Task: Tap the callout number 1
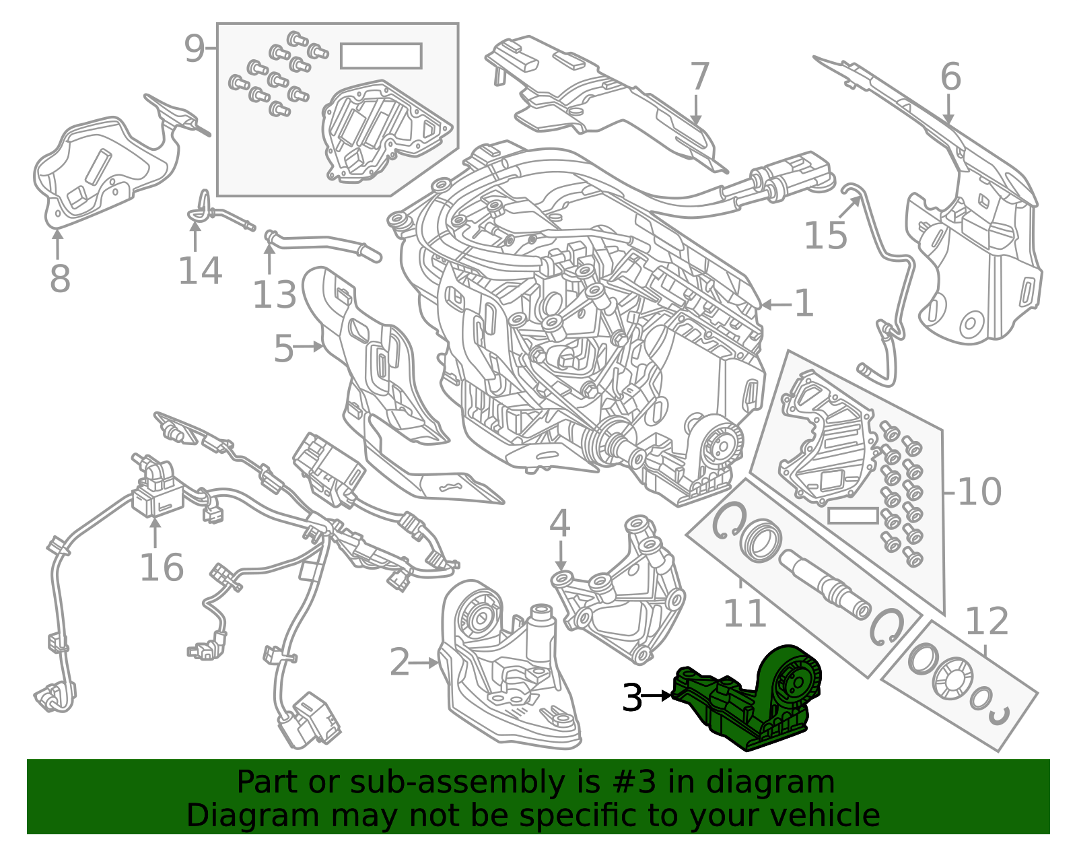click(804, 304)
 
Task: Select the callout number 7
click(699, 77)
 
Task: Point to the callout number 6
click(950, 77)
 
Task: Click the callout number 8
click(59, 279)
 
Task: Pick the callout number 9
click(194, 48)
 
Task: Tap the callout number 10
click(979, 492)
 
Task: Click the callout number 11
click(744, 613)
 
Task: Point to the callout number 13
click(274, 295)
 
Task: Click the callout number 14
click(200, 271)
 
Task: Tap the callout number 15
click(825, 236)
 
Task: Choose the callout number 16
click(162, 568)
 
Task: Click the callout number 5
click(283, 349)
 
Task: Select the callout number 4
click(559, 523)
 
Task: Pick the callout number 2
click(399, 663)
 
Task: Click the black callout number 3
click(632, 698)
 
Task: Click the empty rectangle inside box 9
click(381, 56)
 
